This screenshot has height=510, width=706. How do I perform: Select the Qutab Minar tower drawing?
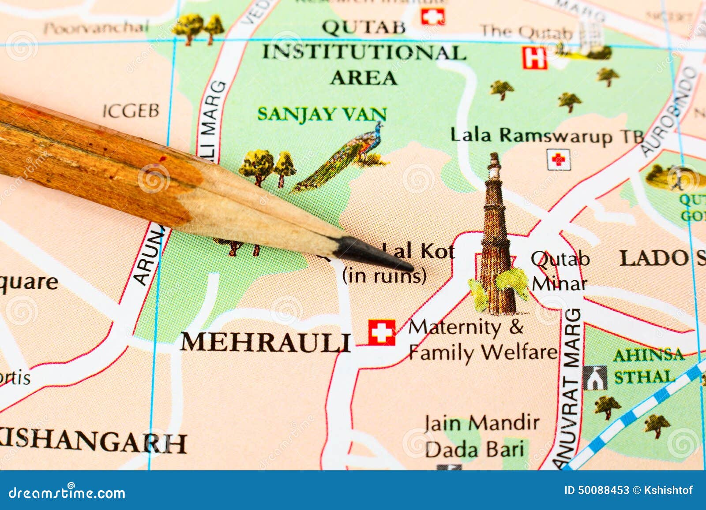coord(496,238)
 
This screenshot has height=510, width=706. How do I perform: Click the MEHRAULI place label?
coord(266,342)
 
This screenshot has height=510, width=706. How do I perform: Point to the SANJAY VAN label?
coord(322,114)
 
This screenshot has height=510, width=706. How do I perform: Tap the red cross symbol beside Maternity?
coord(382,332)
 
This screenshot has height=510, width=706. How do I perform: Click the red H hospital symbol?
coord(535,58)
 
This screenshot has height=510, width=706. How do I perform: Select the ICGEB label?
coord(131,111)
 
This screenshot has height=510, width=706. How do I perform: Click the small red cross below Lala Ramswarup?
coord(559,160)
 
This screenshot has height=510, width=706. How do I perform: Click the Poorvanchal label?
coord(96,28)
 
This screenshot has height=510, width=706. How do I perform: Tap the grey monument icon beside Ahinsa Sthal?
coord(595,378)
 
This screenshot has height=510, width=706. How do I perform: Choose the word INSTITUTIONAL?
coord(364,53)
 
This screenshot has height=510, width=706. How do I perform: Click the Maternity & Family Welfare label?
coord(481,340)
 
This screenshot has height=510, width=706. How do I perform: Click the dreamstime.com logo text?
coord(67,492)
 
